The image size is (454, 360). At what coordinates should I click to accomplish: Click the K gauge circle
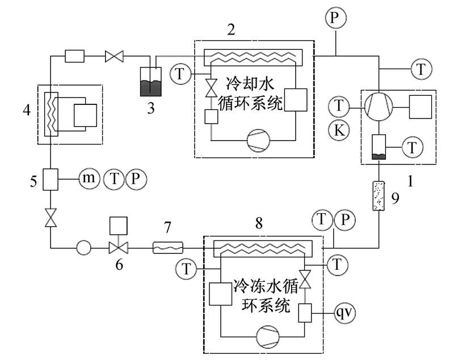[339, 130]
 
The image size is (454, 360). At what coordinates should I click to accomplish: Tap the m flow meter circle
[89, 179]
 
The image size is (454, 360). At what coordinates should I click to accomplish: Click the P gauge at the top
[335, 18]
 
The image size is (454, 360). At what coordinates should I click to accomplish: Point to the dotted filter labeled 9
[379, 196]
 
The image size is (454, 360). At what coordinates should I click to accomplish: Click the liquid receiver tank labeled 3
[150, 82]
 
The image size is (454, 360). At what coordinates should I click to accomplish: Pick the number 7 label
[167, 227]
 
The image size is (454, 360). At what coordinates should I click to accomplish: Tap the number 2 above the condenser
[231, 29]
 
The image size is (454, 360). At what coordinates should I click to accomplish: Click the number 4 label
[27, 110]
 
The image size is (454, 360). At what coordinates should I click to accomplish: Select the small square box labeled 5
[51, 179]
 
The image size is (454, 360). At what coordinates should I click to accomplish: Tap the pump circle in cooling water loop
[258, 141]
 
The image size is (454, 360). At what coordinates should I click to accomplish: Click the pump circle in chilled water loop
[268, 337]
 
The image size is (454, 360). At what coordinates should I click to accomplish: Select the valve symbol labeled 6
[119, 248]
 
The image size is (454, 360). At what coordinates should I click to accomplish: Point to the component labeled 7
[168, 248]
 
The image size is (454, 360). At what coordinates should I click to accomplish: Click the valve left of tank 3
[114, 56]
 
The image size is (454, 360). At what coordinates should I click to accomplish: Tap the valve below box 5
[51, 218]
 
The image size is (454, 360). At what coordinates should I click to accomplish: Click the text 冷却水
[250, 84]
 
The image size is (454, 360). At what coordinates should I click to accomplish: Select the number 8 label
[259, 223]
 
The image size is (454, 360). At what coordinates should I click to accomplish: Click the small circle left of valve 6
[83, 248]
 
